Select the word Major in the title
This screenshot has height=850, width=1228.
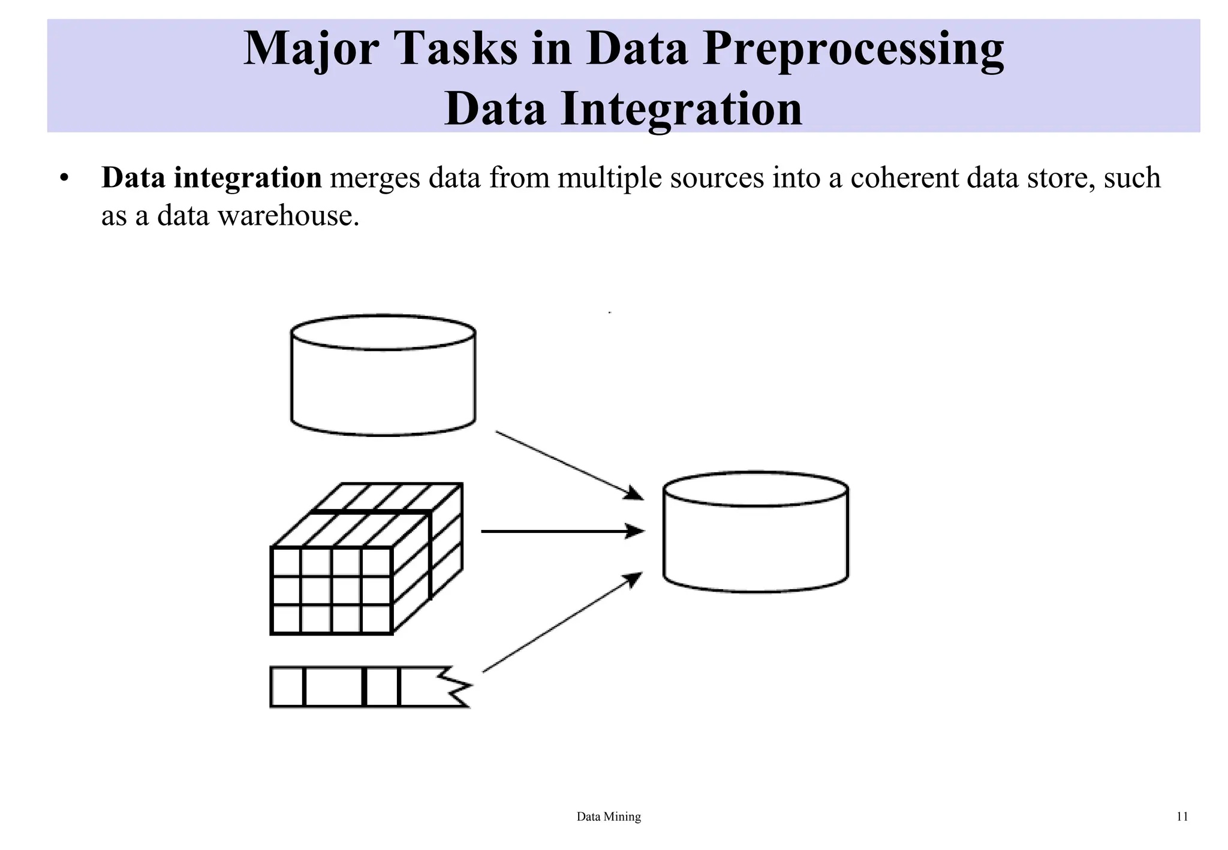coord(311,49)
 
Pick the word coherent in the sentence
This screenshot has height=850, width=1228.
coord(904,178)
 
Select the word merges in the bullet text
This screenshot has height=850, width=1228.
coord(375,178)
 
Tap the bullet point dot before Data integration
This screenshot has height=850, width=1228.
coord(65,179)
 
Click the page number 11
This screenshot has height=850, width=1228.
coord(1182,816)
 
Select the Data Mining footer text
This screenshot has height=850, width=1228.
coord(609,816)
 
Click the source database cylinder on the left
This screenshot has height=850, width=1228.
coord(383,376)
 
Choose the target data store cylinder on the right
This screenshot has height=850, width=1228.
coord(756,532)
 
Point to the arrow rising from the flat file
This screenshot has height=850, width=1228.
coord(562,623)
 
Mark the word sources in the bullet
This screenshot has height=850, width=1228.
coord(717,178)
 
